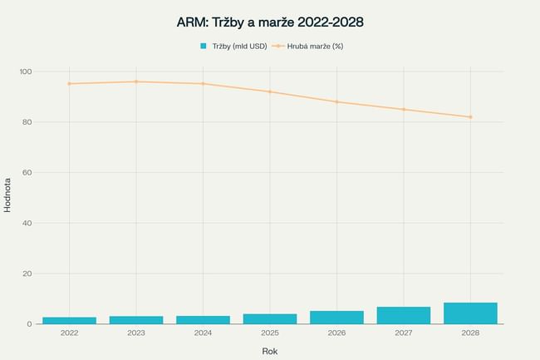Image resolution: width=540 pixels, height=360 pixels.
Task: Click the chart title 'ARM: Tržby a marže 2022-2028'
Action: pyautogui.click(x=270, y=22)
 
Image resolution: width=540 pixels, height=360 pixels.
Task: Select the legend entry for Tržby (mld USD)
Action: pyautogui.click(x=232, y=46)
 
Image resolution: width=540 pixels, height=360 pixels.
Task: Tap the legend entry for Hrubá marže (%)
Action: pyautogui.click(x=308, y=46)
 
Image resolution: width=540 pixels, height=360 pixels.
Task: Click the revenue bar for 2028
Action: pyautogui.click(x=470, y=313)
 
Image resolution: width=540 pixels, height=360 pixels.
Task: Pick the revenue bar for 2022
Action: pyautogui.click(x=70, y=320)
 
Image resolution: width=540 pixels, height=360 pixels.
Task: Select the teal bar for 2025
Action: pyautogui.click(x=270, y=318)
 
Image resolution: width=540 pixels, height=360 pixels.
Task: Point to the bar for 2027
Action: pyautogui.click(x=404, y=315)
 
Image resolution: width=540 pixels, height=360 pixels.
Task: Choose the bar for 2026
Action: pyautogui.click(x=336, y=317)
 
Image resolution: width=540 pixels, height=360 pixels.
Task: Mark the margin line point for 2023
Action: pyautogui.click(x=136, y=81)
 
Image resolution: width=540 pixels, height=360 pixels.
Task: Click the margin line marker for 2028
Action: pyautogui.click(x=470, y=116)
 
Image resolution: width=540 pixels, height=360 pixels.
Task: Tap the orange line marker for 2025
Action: pyautogui.click(x=270, y=91)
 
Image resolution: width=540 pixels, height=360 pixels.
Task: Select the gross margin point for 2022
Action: pyautogui.click(x=70, y=83)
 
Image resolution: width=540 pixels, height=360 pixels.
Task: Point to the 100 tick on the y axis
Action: pyautogui.click(x=25, y=72)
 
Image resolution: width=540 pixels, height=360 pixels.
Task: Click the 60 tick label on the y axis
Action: pyautogui.click(x=27, y=172)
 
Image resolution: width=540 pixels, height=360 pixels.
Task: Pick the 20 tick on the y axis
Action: pyautogui.click(x=27, y=274)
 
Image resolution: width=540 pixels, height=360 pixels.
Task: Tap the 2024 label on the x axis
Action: pyautogui.click(x=203, y=333)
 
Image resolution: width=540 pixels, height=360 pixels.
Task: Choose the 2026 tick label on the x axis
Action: pyautogui.click(x=336, y=333)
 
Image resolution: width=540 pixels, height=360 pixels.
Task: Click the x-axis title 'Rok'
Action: pyautogui.click(x=270, y=351)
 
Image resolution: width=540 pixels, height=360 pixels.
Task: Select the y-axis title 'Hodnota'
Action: pyautogui.click(x=8, y=195)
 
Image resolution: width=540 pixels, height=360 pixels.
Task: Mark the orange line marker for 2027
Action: pyautogui.click(x=404, y=109)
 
